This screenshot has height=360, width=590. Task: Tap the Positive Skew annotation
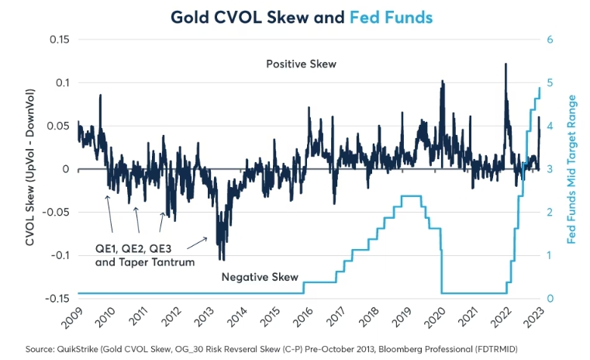(301, 64)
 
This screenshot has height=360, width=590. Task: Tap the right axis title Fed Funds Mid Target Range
(573, 168)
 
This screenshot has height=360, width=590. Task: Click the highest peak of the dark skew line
(505, 64)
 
